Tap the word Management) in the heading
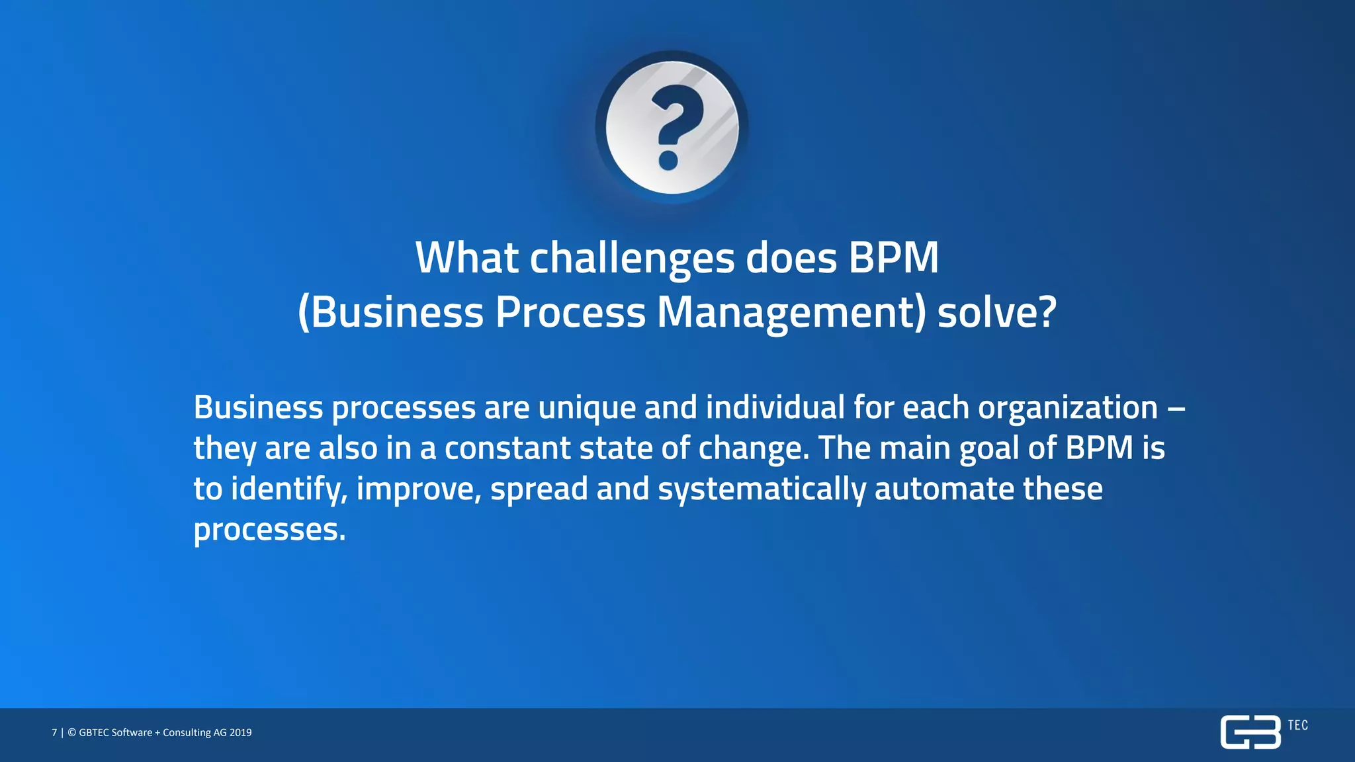point(791,312)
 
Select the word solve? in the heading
point(997,312)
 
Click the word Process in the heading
point(570,312)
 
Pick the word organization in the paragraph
point(1067,408)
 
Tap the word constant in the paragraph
point(507,448)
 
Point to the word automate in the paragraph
point(944,489)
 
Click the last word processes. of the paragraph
point(269,530)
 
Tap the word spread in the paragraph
point(539,489)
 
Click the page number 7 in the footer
point(54,732)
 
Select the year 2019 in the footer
point(241,732)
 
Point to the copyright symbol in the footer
point(71,732)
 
